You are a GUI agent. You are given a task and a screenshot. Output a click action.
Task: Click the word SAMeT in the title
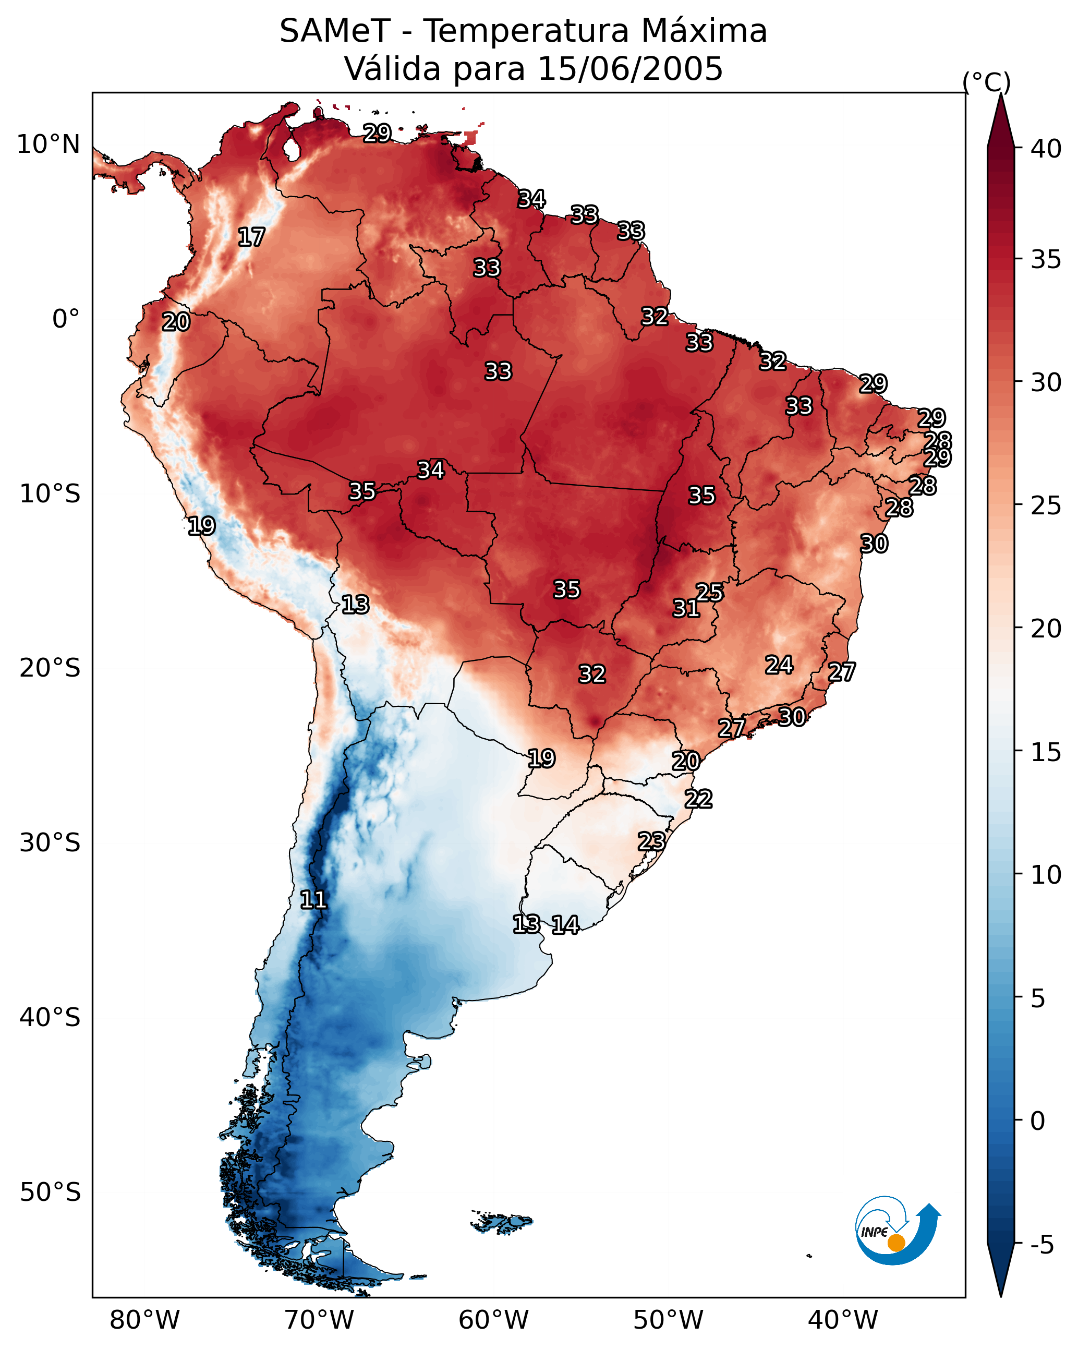click(335, 31)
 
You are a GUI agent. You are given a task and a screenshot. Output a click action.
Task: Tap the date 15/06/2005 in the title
click(629, 69)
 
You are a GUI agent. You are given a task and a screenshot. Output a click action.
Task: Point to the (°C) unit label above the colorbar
click(986, 82)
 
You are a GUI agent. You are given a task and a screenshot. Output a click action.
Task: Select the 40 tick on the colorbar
click(1046, 149)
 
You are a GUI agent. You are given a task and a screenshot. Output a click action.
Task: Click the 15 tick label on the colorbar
click(1046, 752)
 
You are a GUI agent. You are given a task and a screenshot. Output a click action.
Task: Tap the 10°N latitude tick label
click(48, 144)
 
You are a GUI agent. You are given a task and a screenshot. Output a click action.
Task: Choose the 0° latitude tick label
click(66, 319)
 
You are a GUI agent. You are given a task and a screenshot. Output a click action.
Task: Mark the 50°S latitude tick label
click(50, 1193)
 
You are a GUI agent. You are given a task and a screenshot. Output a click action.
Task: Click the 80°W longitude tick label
click(144, 1320)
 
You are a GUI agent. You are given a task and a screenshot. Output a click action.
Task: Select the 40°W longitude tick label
click(843, 1320)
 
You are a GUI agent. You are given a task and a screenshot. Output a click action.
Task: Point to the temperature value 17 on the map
click(251, 237)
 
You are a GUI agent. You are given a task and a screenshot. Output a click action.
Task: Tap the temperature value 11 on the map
click(313, 900)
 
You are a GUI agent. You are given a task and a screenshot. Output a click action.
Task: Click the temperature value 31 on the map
click(686, 608)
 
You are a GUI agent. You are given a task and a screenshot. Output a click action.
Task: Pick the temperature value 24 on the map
click(779, 665)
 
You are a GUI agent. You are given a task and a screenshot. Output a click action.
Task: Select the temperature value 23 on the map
click(651, 841)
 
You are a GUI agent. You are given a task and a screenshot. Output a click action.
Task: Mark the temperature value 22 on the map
click(698, 799)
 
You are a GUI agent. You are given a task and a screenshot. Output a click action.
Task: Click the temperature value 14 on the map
click(565, 925)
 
